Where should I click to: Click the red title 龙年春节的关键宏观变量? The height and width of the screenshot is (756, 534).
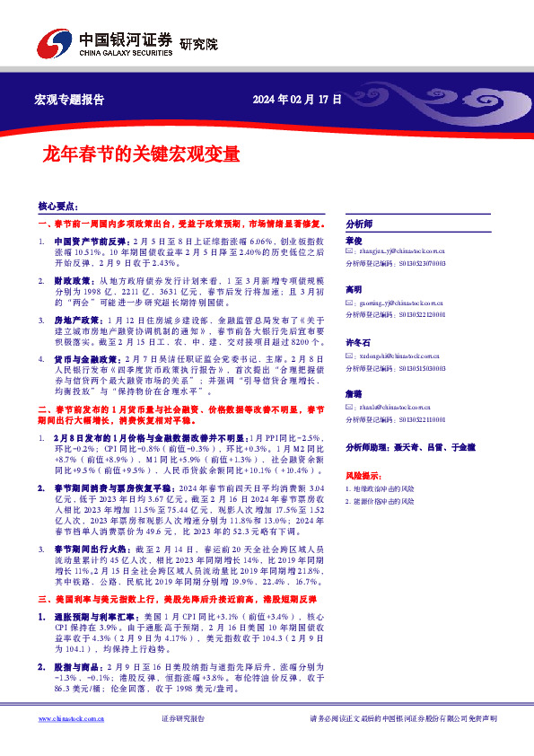point(130,154)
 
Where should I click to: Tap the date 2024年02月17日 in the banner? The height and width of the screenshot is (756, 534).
point(297,100)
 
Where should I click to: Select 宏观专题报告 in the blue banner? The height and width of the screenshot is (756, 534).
point(68,100)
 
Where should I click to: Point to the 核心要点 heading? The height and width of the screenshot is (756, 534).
point(57,206)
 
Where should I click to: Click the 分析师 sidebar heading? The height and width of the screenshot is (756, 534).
point(359,224)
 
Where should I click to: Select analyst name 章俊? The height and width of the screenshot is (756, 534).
point(353,241)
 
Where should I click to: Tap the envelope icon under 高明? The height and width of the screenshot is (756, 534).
point(350,303)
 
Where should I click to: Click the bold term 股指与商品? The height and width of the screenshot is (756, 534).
point(76,668)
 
